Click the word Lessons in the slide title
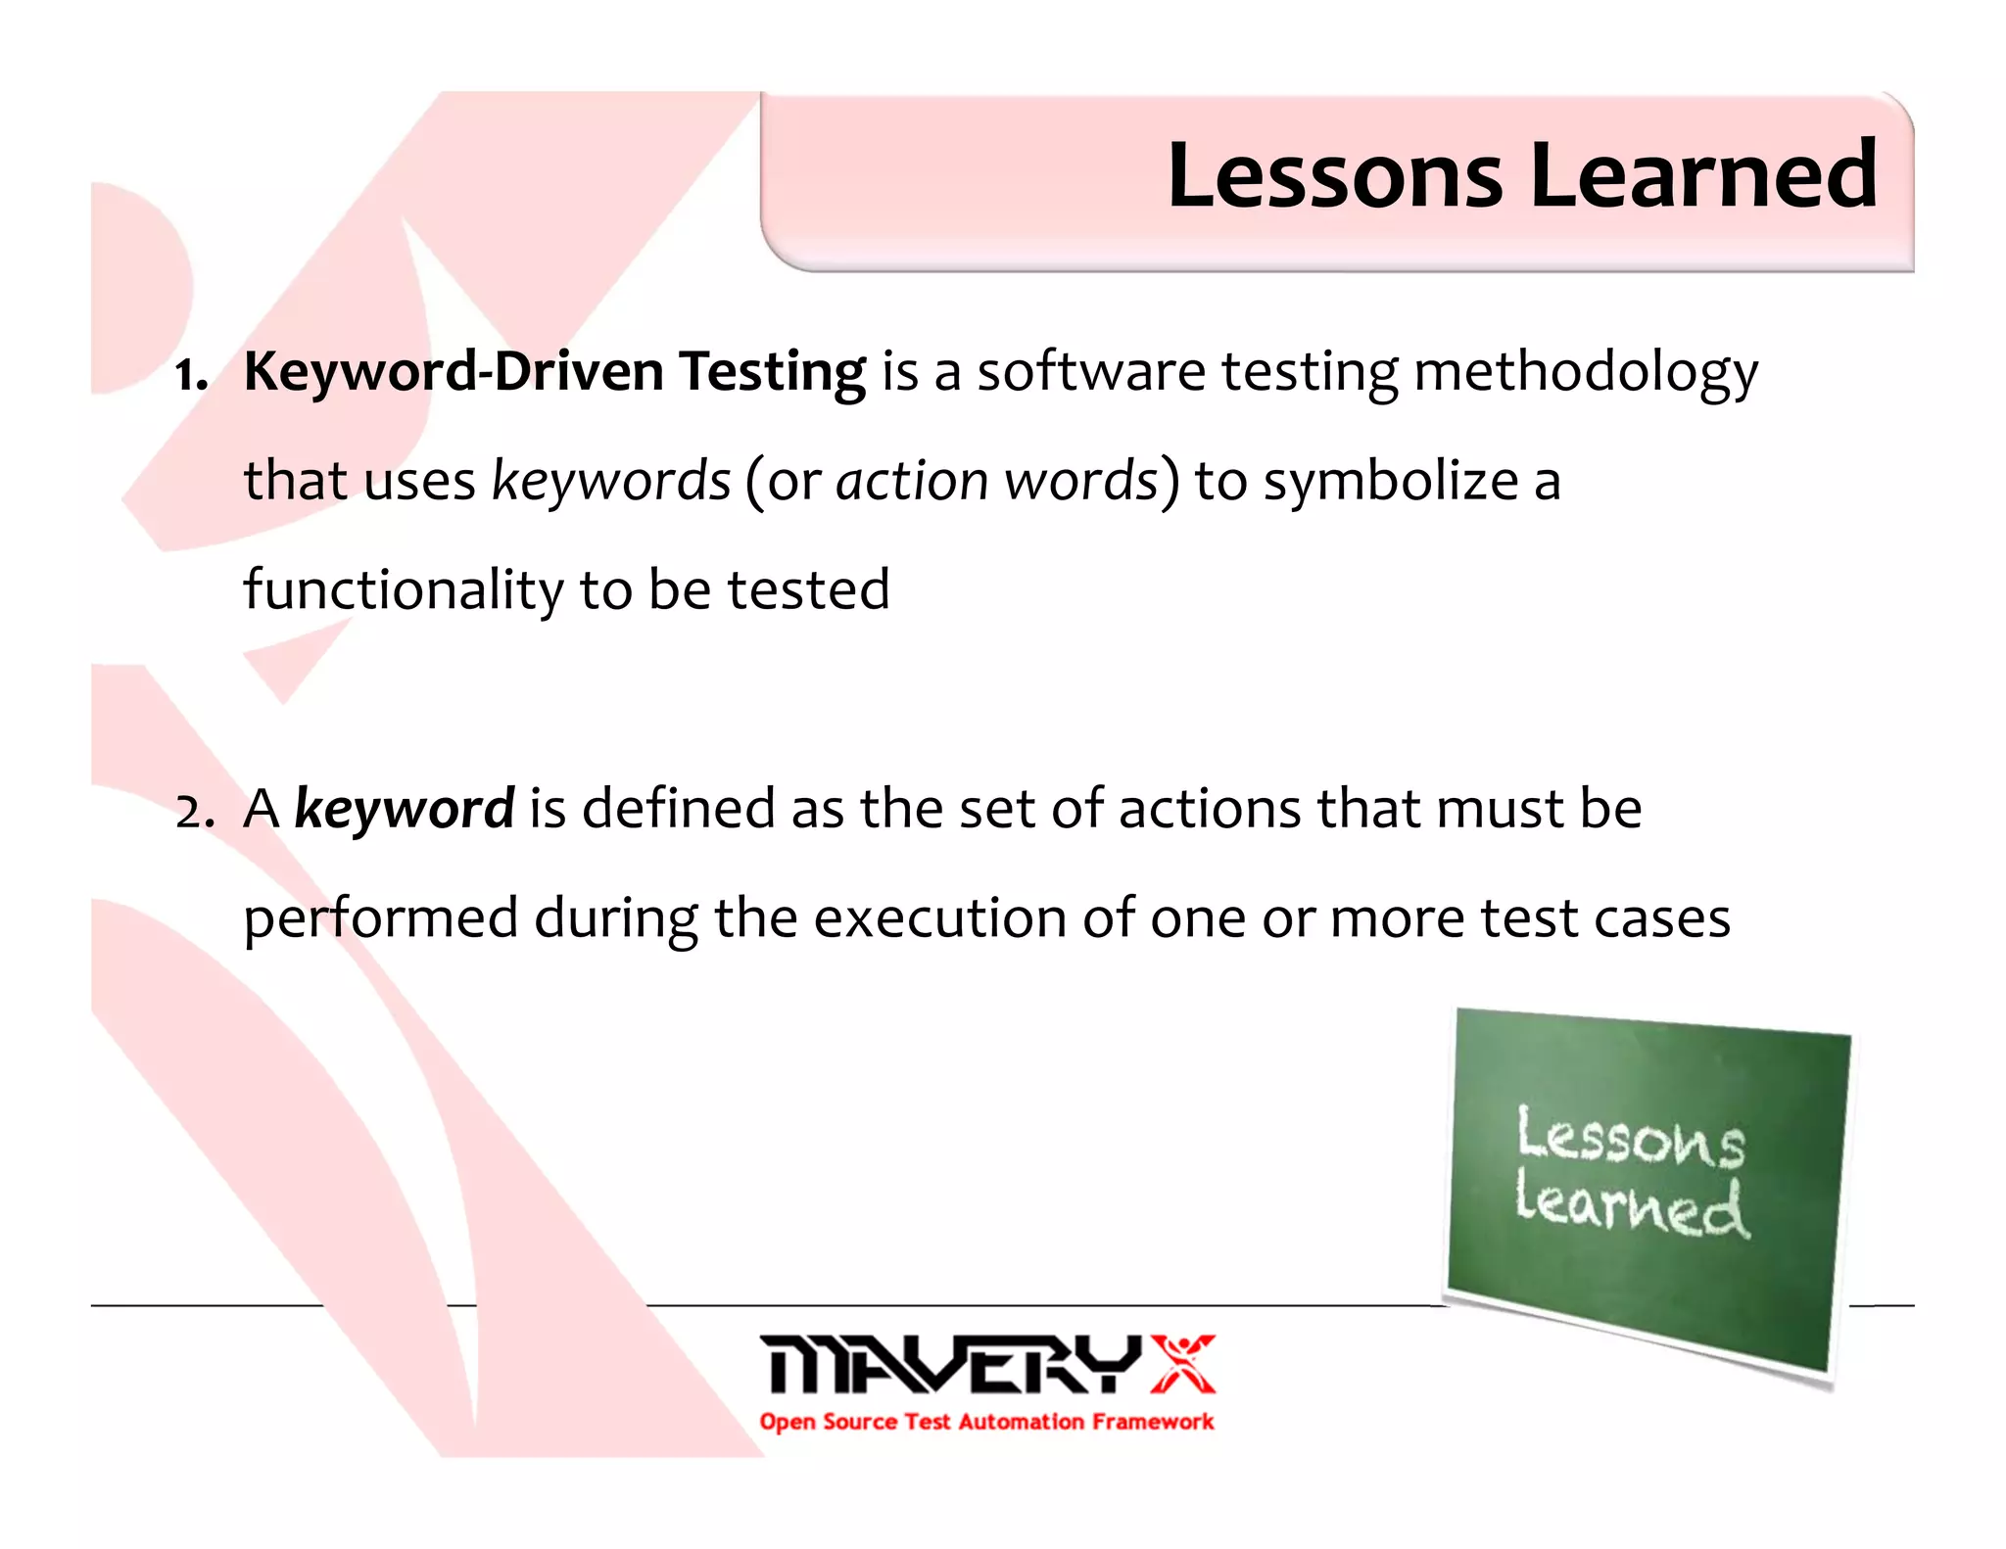point(1334,176)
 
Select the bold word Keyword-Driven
point(454,372)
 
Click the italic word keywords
point(611,482)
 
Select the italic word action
point(912,482)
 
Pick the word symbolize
point(1391,482)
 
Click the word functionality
point(403,590)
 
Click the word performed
point(380,919)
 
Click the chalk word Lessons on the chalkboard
point(1630,1138)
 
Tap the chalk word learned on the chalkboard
point(1630,1207)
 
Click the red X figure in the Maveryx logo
point(1182,1363)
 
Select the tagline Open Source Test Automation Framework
point(986,1422)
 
